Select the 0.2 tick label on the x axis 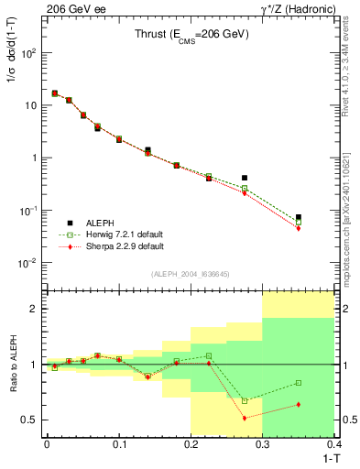(191, 444)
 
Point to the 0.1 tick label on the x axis (118, 444)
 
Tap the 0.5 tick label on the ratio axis (32, 420)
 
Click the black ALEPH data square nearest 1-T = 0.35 (299, 217)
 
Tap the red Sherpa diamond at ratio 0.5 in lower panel (245, 418)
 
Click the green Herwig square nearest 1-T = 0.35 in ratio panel (299, 383)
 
